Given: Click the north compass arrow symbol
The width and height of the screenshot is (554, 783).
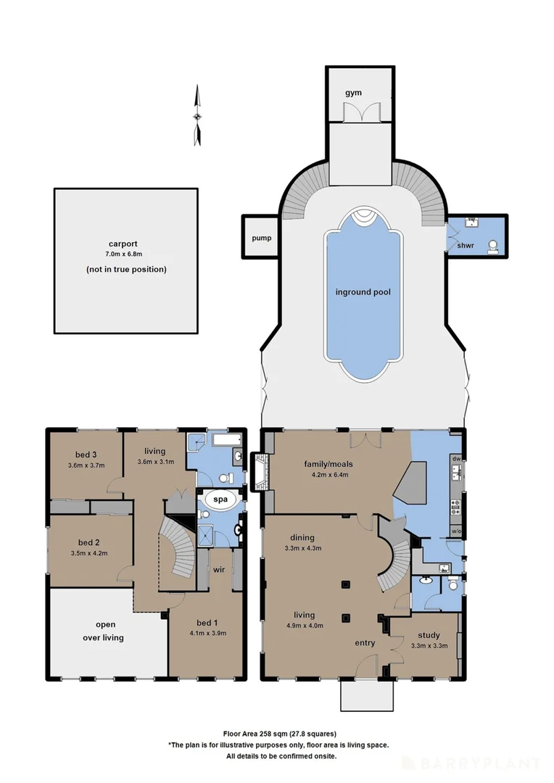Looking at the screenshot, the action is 198,115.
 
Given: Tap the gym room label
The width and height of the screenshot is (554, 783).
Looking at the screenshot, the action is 353,93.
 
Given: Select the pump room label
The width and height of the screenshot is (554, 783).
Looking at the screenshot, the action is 261,238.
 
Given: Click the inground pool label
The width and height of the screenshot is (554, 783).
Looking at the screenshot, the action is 363,292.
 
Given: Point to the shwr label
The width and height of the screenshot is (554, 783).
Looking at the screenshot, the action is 465,246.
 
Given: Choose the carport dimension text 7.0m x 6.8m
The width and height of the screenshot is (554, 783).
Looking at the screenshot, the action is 123,254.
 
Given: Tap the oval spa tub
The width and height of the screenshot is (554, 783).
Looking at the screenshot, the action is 220,500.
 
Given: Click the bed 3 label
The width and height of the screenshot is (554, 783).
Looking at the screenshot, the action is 86,455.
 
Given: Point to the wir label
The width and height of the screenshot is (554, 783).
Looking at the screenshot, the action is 219,569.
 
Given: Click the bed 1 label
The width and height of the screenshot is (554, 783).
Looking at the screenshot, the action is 207,623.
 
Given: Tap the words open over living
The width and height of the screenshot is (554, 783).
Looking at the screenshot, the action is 104,631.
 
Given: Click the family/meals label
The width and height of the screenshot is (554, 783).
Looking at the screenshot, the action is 326,464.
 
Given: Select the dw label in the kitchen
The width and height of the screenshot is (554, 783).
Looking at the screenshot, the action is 456,458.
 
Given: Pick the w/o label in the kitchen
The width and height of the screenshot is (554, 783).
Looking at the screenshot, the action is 456,531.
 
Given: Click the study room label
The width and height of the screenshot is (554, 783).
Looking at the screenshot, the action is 429,635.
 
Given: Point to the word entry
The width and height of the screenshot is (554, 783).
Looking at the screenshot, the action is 365,643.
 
